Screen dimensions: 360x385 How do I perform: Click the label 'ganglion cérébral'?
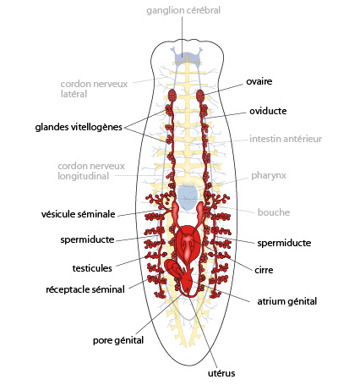[183, 10]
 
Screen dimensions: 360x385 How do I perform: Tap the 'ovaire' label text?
[259, 81]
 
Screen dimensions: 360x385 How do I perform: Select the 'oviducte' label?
[268, 111]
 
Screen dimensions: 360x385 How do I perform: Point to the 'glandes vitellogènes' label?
[79, 127]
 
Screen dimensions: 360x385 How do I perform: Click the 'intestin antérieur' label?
[286, 139]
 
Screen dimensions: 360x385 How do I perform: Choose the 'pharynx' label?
[269, 176]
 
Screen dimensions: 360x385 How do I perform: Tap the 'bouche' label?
[274, 212]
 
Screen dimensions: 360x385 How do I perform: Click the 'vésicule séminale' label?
[79, 214]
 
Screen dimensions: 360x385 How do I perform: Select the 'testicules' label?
[92, 268]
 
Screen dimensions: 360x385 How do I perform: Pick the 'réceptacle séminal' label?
[85, 289]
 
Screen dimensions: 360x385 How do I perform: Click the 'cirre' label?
[264, 270]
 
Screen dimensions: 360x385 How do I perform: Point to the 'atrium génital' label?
[287, 301]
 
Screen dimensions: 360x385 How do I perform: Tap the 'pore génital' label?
[118, 340]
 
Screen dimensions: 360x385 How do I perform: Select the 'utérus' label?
[221, 373]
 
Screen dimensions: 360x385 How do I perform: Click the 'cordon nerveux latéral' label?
[94, 89]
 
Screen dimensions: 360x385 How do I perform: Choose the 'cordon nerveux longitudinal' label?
[91, 171]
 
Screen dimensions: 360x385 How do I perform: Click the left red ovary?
[172, 95]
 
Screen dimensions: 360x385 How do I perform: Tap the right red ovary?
[200, 96]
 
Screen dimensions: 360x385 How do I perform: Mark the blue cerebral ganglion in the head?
[188, 57]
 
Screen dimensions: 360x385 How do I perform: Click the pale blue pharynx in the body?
[188, 197]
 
